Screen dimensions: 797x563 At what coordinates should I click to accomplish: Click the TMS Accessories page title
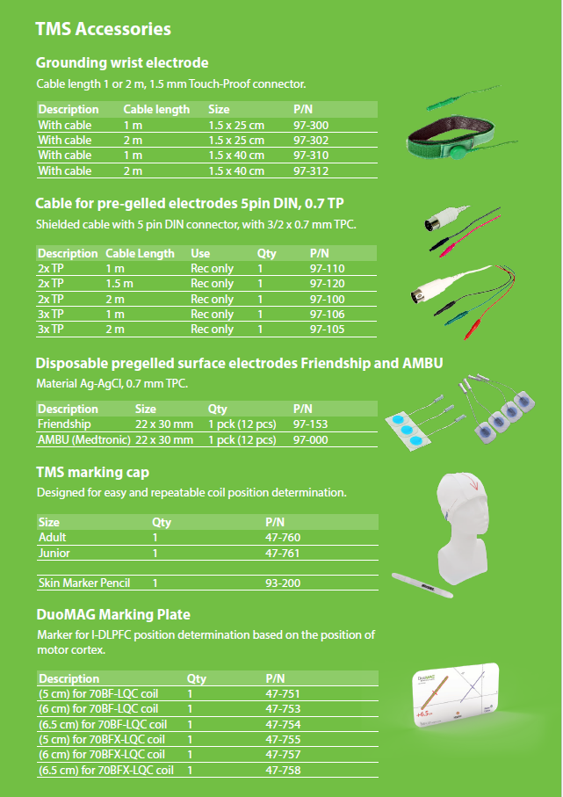pyautogui.click(x=103, y=29)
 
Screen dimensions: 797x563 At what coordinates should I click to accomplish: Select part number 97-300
pyautogui.click(x=311, y=125)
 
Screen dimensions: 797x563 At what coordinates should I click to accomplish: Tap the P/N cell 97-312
pyautogui.click(x=311, y=170)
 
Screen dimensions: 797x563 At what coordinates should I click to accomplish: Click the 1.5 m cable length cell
pyautogui.click(x=119, y=284)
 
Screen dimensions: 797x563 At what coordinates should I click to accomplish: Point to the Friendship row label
pyautogui.click(x=64, y=424)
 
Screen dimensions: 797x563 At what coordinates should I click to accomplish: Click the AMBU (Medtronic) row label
pyautogui.click(x=84, y=439)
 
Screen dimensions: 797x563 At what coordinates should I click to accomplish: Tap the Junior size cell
pyautogui.click(x=54, y=554)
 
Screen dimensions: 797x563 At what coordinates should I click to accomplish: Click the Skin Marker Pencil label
pyautogui.click(x=84, y=583)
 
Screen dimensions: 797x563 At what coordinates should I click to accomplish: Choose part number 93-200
pyautogui.click(x=283, y=583)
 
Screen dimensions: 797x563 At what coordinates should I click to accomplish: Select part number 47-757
pyautogui.click(x=283, y=754)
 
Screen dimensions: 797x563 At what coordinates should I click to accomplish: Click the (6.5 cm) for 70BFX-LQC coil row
pyautogui.click(x=105, y=770)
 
